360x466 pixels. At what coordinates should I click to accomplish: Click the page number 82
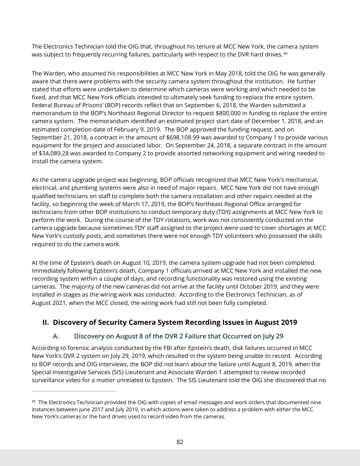180,442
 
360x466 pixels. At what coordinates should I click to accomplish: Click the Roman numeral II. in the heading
45,323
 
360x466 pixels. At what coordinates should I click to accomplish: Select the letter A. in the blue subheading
56,336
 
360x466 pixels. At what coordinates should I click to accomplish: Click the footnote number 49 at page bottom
34,402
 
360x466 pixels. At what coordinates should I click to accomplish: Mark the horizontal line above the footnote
74,391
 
